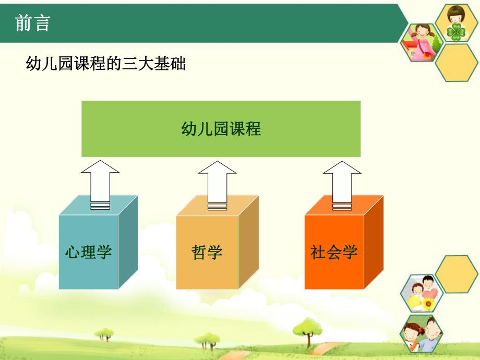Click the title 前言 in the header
pos(32,23)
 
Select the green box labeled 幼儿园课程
pos(221,129)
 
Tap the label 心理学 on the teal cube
pos(88,252)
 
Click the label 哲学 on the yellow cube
pos(207,252)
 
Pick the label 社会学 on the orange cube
pos(334,252)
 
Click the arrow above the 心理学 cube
pos(100,183)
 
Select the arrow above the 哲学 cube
pos(217,183)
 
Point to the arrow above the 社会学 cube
pos(342,183)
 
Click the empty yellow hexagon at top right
pos(456,63)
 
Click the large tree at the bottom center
pos(306,330)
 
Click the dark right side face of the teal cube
pos(128,243)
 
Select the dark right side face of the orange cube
pos(374,243)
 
